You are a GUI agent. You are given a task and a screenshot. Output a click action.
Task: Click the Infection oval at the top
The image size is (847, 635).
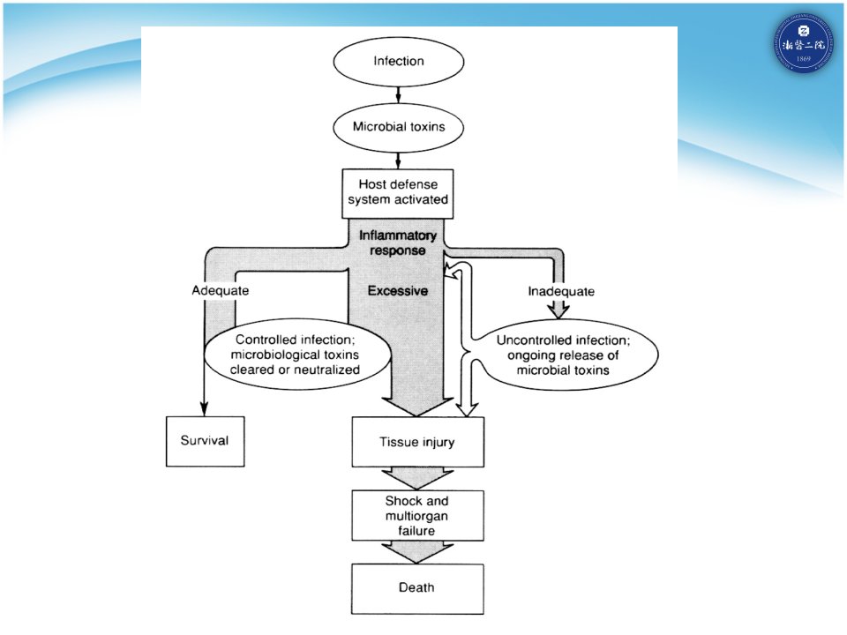399,62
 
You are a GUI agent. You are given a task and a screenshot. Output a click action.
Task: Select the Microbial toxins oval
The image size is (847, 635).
399,127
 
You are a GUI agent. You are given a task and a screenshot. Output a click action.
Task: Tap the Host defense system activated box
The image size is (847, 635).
398,193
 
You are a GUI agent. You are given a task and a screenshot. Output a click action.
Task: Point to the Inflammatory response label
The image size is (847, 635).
398,243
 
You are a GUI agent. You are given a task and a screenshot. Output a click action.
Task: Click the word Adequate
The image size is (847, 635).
221,290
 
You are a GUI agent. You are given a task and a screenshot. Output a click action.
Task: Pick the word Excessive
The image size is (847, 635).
398,290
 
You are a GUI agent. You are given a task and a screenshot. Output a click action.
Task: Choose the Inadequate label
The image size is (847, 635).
561,292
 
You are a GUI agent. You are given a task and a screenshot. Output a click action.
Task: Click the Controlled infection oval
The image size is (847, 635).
296,355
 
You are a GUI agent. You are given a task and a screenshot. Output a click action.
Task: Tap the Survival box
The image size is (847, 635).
206,441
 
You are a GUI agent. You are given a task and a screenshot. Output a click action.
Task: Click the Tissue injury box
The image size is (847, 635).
417,442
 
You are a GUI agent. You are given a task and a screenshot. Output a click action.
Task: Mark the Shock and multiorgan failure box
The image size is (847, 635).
417,516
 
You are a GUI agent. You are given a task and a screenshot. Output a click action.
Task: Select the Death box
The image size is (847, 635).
417,588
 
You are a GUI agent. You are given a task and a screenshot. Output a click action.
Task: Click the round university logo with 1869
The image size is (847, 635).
803,42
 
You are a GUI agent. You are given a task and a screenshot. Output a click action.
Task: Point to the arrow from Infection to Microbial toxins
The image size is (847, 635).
399,94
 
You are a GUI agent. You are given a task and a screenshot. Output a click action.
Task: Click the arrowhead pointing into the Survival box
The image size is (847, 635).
204,408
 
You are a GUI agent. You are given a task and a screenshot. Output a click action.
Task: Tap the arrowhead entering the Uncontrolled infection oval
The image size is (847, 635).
558,311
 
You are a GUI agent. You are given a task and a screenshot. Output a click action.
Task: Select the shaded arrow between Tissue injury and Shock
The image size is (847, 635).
417,479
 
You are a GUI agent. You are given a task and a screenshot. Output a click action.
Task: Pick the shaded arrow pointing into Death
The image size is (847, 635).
417,552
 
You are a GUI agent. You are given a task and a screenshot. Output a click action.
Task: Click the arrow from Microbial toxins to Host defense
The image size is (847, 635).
399,161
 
